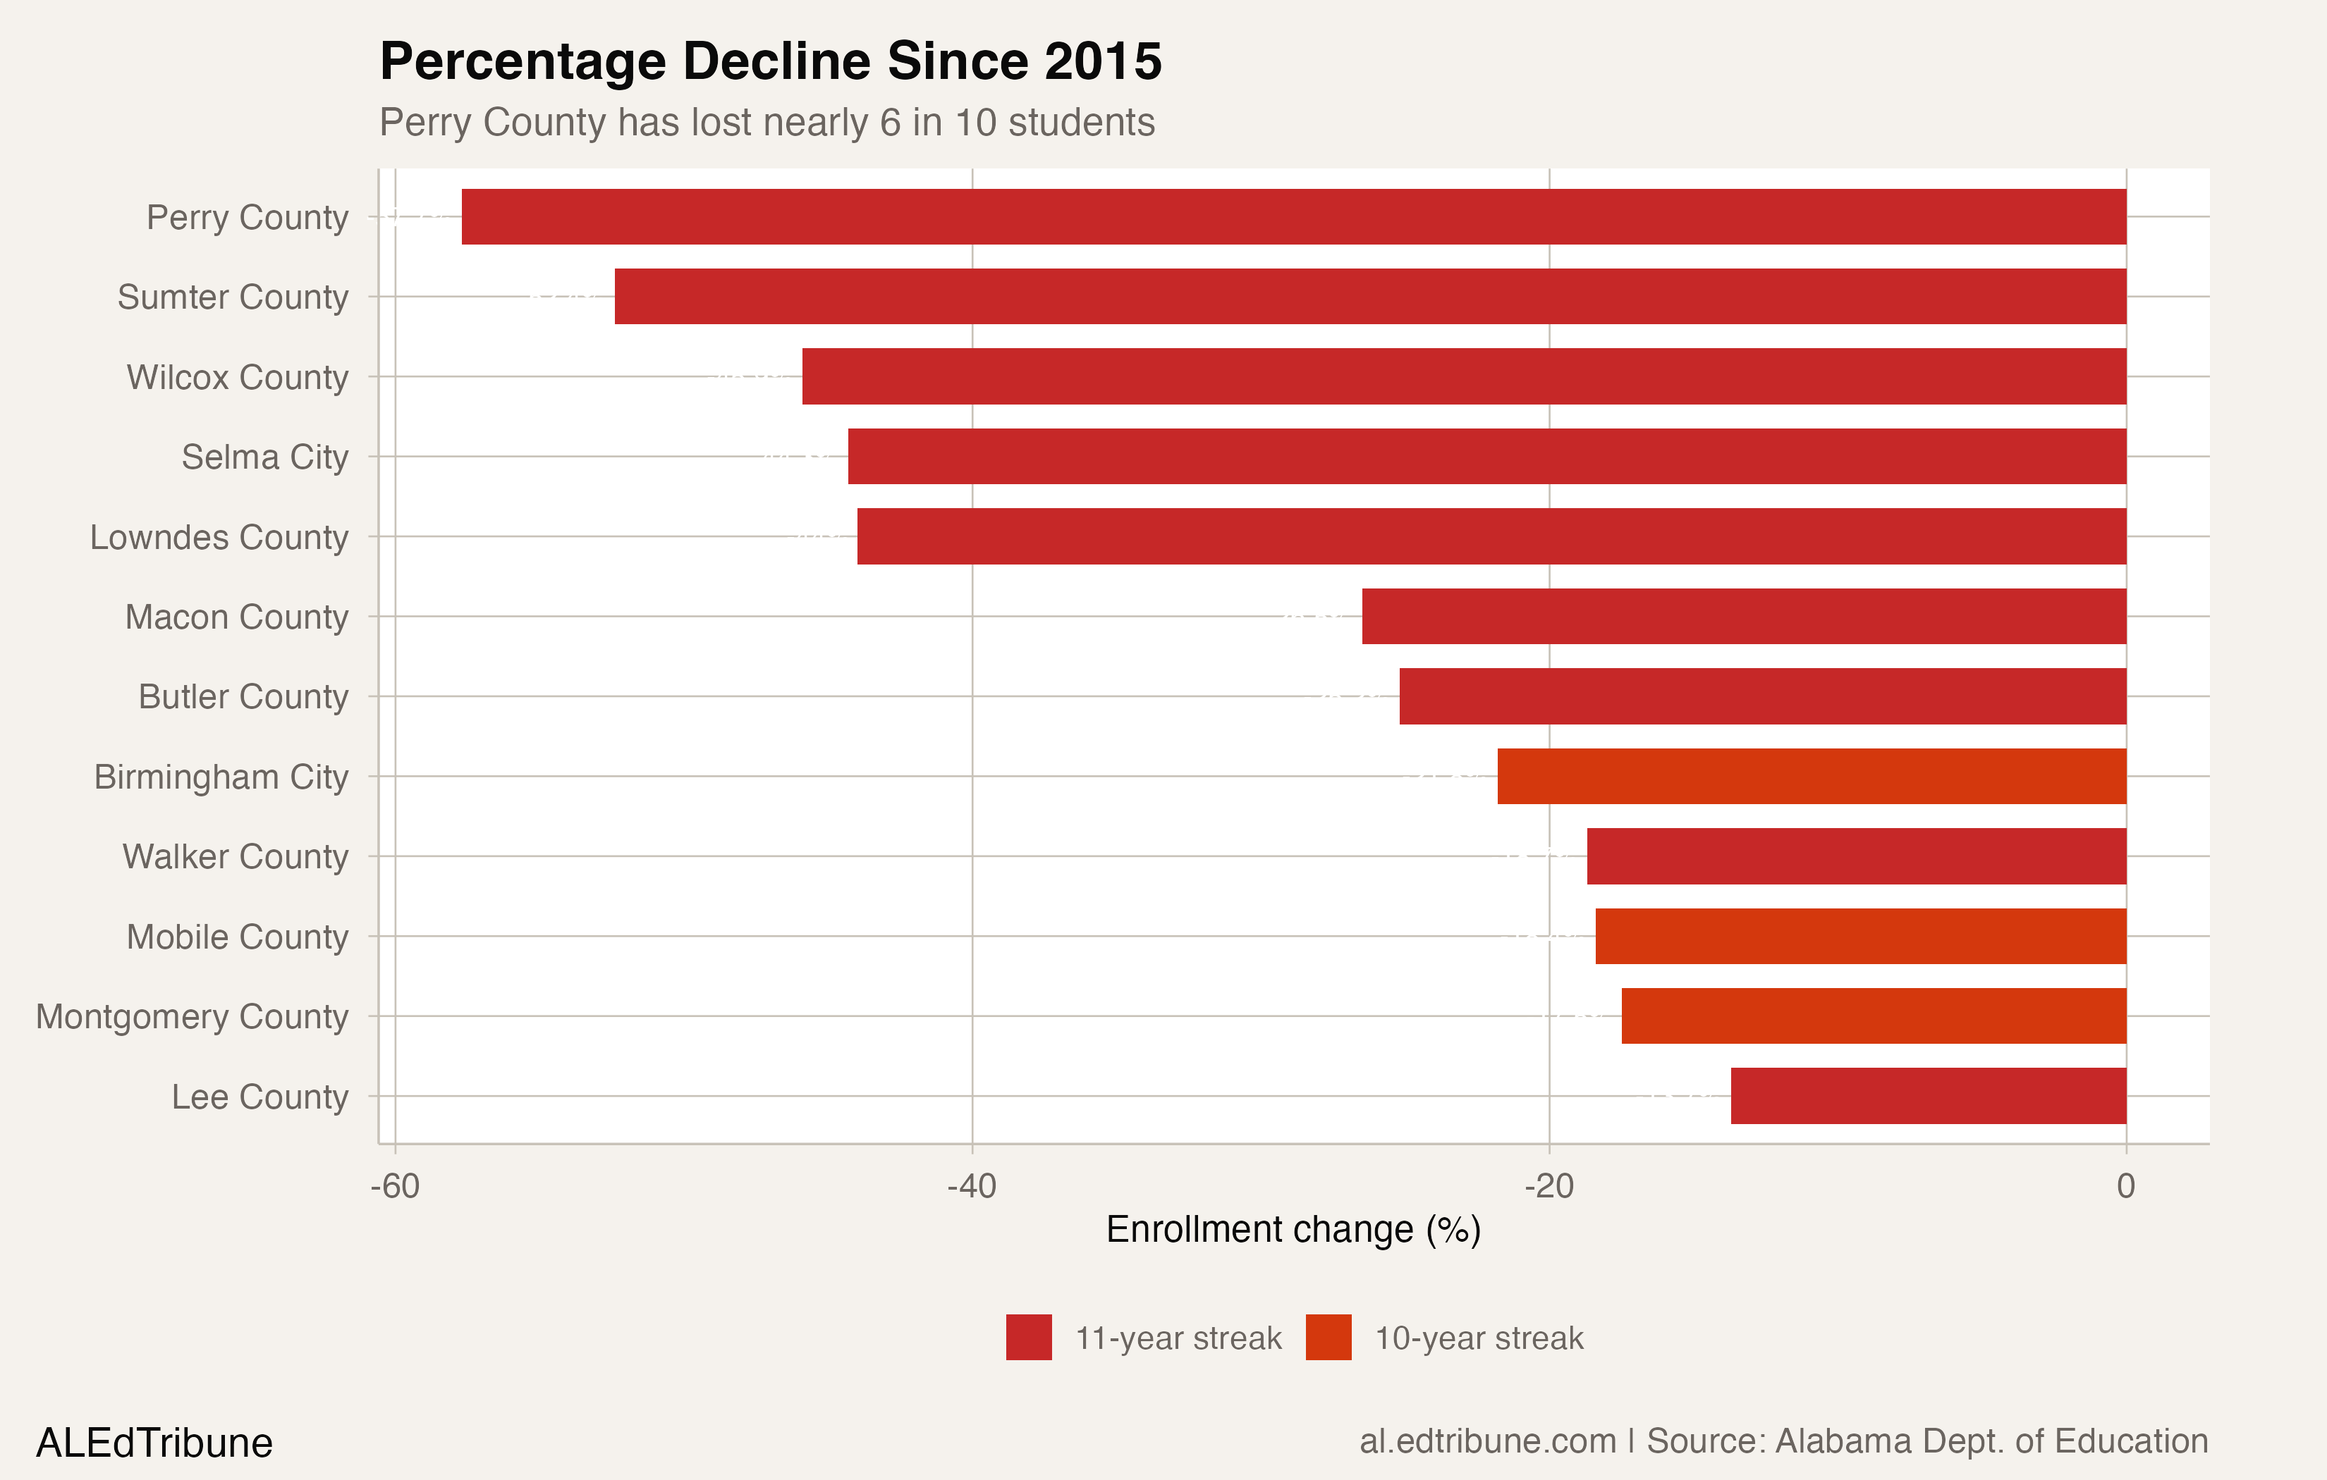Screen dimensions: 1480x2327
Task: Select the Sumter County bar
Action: (x=1369, y=297)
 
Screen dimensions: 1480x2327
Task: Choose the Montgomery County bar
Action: (x=1873, y=1016)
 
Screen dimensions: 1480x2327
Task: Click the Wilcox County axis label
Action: (x=237, y=377)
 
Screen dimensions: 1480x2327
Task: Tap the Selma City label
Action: (x=264, y=457)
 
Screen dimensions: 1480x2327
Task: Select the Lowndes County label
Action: (x=219, y=537)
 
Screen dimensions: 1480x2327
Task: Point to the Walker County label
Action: (x=235, y=857)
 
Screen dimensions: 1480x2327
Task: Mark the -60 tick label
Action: (x=396, y=1185)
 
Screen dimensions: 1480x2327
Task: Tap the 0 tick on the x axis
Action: (x=2126, y=1185)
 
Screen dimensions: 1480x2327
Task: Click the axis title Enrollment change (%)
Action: (x=1293, y=1230)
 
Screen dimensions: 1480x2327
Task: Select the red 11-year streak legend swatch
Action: (x=1028, y=1337)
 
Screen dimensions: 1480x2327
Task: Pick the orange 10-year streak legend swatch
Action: (x=1328, y=1337)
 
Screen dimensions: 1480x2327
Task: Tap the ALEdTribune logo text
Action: (x=154, y=1443)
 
